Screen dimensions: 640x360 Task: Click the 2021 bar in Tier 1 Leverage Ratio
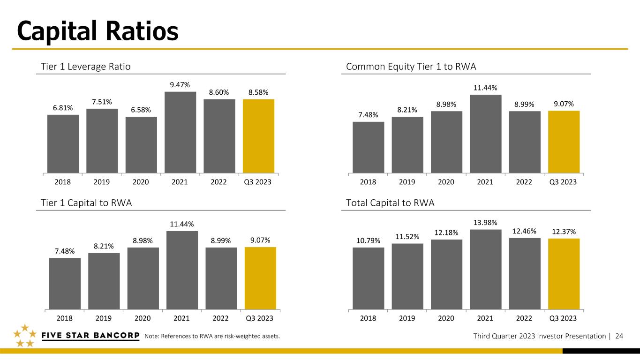(181, 132)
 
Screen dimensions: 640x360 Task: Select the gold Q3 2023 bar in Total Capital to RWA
(564, 274)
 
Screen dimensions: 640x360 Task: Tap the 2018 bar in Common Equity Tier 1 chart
(368, 148)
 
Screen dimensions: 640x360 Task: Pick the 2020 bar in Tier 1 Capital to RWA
(143, 278)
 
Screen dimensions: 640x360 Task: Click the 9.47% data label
(180, 85)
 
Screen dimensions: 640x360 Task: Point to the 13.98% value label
(485, 223)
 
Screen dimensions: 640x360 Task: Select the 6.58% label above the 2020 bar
(141, 110)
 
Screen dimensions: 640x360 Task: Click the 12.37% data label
(564, 232)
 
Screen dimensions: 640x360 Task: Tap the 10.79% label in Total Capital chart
(368, 241)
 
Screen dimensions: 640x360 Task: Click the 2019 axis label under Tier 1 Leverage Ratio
(102, 182)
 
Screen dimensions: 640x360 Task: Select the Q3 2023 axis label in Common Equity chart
(563, 182)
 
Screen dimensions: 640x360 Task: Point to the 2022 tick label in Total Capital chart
(524, 318)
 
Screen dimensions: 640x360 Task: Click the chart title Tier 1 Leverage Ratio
(86, 67)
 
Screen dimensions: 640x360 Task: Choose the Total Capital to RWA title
(390, 203)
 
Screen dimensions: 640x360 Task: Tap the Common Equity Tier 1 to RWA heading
(411, 67)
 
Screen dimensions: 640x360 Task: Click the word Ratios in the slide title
(142, 31)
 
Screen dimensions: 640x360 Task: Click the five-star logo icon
(25, 336)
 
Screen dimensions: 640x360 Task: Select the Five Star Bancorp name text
(90, 336)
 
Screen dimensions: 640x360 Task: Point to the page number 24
(619, 336)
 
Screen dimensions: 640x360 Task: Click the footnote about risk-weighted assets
(212, 336)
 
